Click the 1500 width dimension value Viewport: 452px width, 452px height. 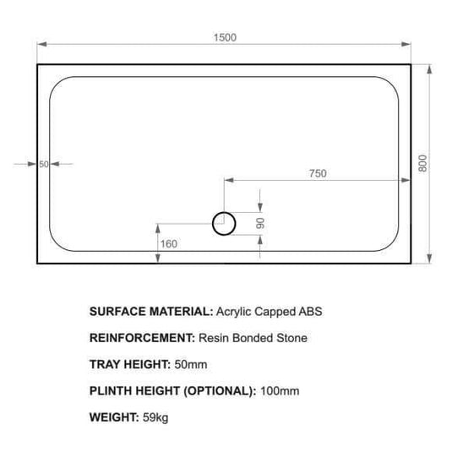coord(226,36)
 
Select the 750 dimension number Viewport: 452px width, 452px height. coord(317,173)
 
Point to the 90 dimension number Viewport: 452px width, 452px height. coord(261,223)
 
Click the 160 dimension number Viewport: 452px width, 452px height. coord(168,245)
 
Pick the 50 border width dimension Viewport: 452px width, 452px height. coord(44,164)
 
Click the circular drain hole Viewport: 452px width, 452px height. coord(224,223)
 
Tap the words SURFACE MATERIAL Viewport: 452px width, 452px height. coord(151,311)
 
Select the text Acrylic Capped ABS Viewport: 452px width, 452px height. coord(270,311)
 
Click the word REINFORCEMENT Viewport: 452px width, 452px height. coord(142,338)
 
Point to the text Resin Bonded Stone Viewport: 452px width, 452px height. coord(253,338)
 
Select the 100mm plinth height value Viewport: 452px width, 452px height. coord(280,391)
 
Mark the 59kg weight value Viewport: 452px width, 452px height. coord(155,417)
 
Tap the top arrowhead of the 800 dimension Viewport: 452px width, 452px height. coord(433,67)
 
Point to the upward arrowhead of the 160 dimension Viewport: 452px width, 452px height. coord(157,225)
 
